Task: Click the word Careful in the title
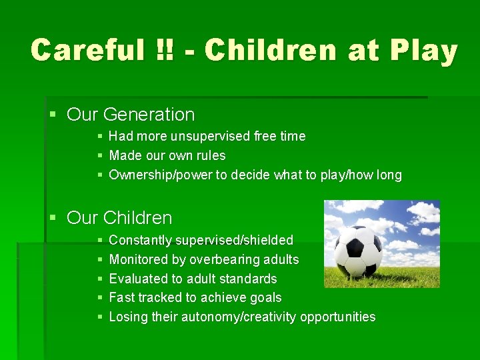88,51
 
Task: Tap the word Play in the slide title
425,51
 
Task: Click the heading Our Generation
131,115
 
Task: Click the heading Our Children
119,218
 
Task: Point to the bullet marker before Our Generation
53,115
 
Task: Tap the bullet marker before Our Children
53,219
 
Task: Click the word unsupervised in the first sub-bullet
210,137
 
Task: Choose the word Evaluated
137,279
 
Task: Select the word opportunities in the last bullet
338,317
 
